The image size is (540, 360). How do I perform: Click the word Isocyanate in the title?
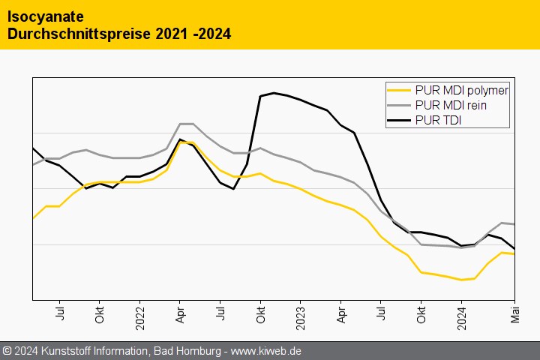pos(46,16)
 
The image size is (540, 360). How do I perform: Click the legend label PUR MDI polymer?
pos(461,90)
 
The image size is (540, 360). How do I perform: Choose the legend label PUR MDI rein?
pos(450,106)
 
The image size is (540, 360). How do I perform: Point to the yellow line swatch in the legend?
pos(399,90)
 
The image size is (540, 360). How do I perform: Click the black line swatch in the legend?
pos(399,121)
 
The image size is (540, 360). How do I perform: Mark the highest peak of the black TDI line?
pos(274,93)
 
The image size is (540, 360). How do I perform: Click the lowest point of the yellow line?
pos(462,280)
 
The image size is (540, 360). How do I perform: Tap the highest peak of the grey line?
pos(187,124)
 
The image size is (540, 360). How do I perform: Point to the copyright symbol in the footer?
pos(7,351)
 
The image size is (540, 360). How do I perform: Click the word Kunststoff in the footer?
pos(68,351)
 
